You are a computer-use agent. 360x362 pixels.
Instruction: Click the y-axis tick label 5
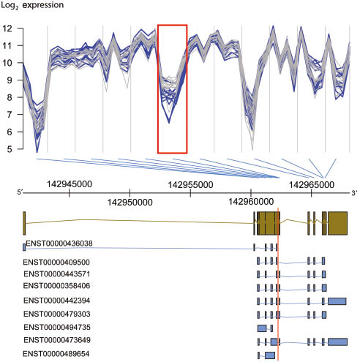click(10, 149)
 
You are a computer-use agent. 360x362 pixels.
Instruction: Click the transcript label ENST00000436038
click(59, 243)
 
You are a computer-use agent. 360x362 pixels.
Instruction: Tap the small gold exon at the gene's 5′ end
click(24, 222)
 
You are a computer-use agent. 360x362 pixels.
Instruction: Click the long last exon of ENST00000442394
click(337, 301)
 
